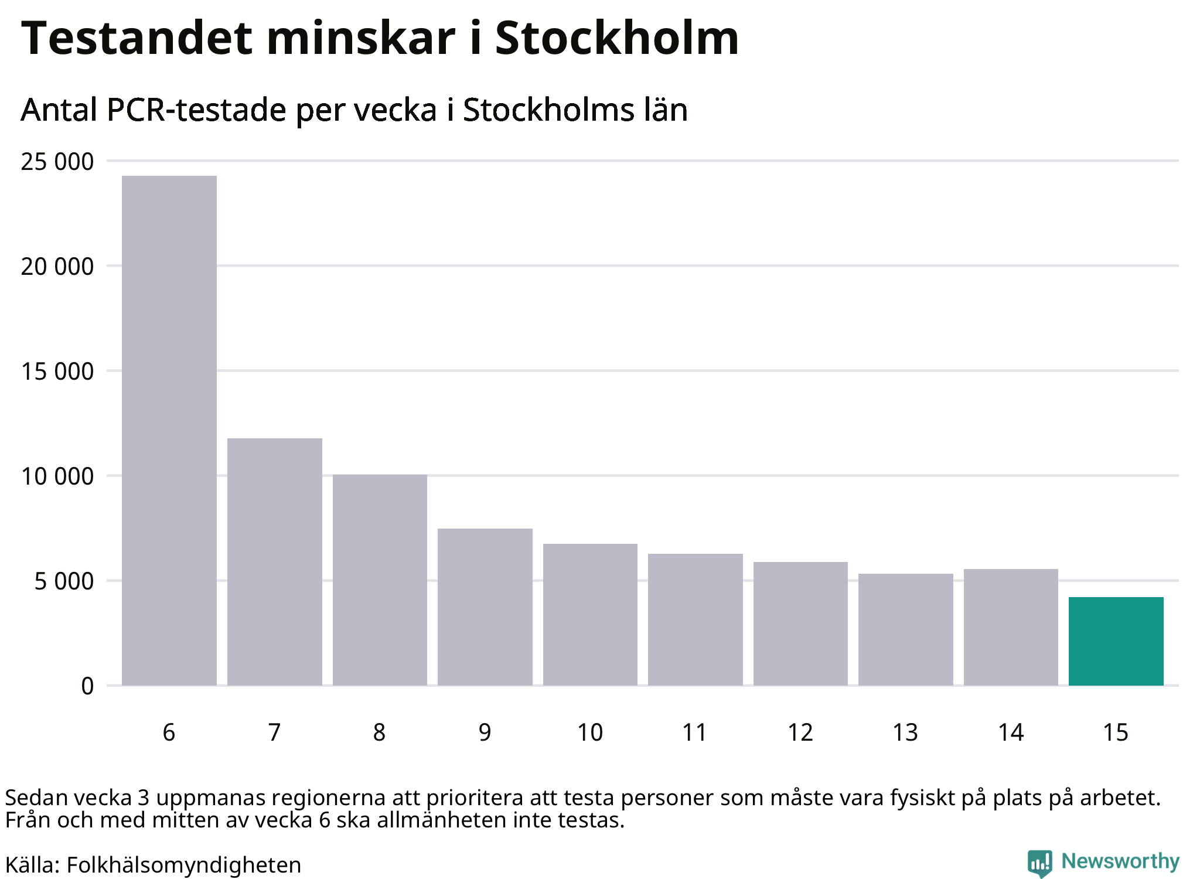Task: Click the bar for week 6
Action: pos(169,430)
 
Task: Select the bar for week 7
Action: pos(275,561)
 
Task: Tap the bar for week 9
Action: pos(485,607)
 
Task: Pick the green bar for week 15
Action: pos(1116,641)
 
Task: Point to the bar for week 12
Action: pos(800,624)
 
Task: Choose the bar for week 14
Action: pos(1011,627)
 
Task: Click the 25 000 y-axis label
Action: pos(57,162)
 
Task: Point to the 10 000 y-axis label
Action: pos(57,476)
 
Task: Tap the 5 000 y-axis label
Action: pos(64,581)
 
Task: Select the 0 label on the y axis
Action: pos(87,686)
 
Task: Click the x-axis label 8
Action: pos(380,732)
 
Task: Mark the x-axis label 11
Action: pos(695,732)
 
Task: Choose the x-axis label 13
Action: pos(905,732)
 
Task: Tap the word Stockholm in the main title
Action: pos(617,38)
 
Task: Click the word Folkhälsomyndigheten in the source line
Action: pos(183,865)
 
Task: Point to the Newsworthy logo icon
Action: pos(1040,863)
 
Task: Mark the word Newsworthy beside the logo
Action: pos(1120,861)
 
